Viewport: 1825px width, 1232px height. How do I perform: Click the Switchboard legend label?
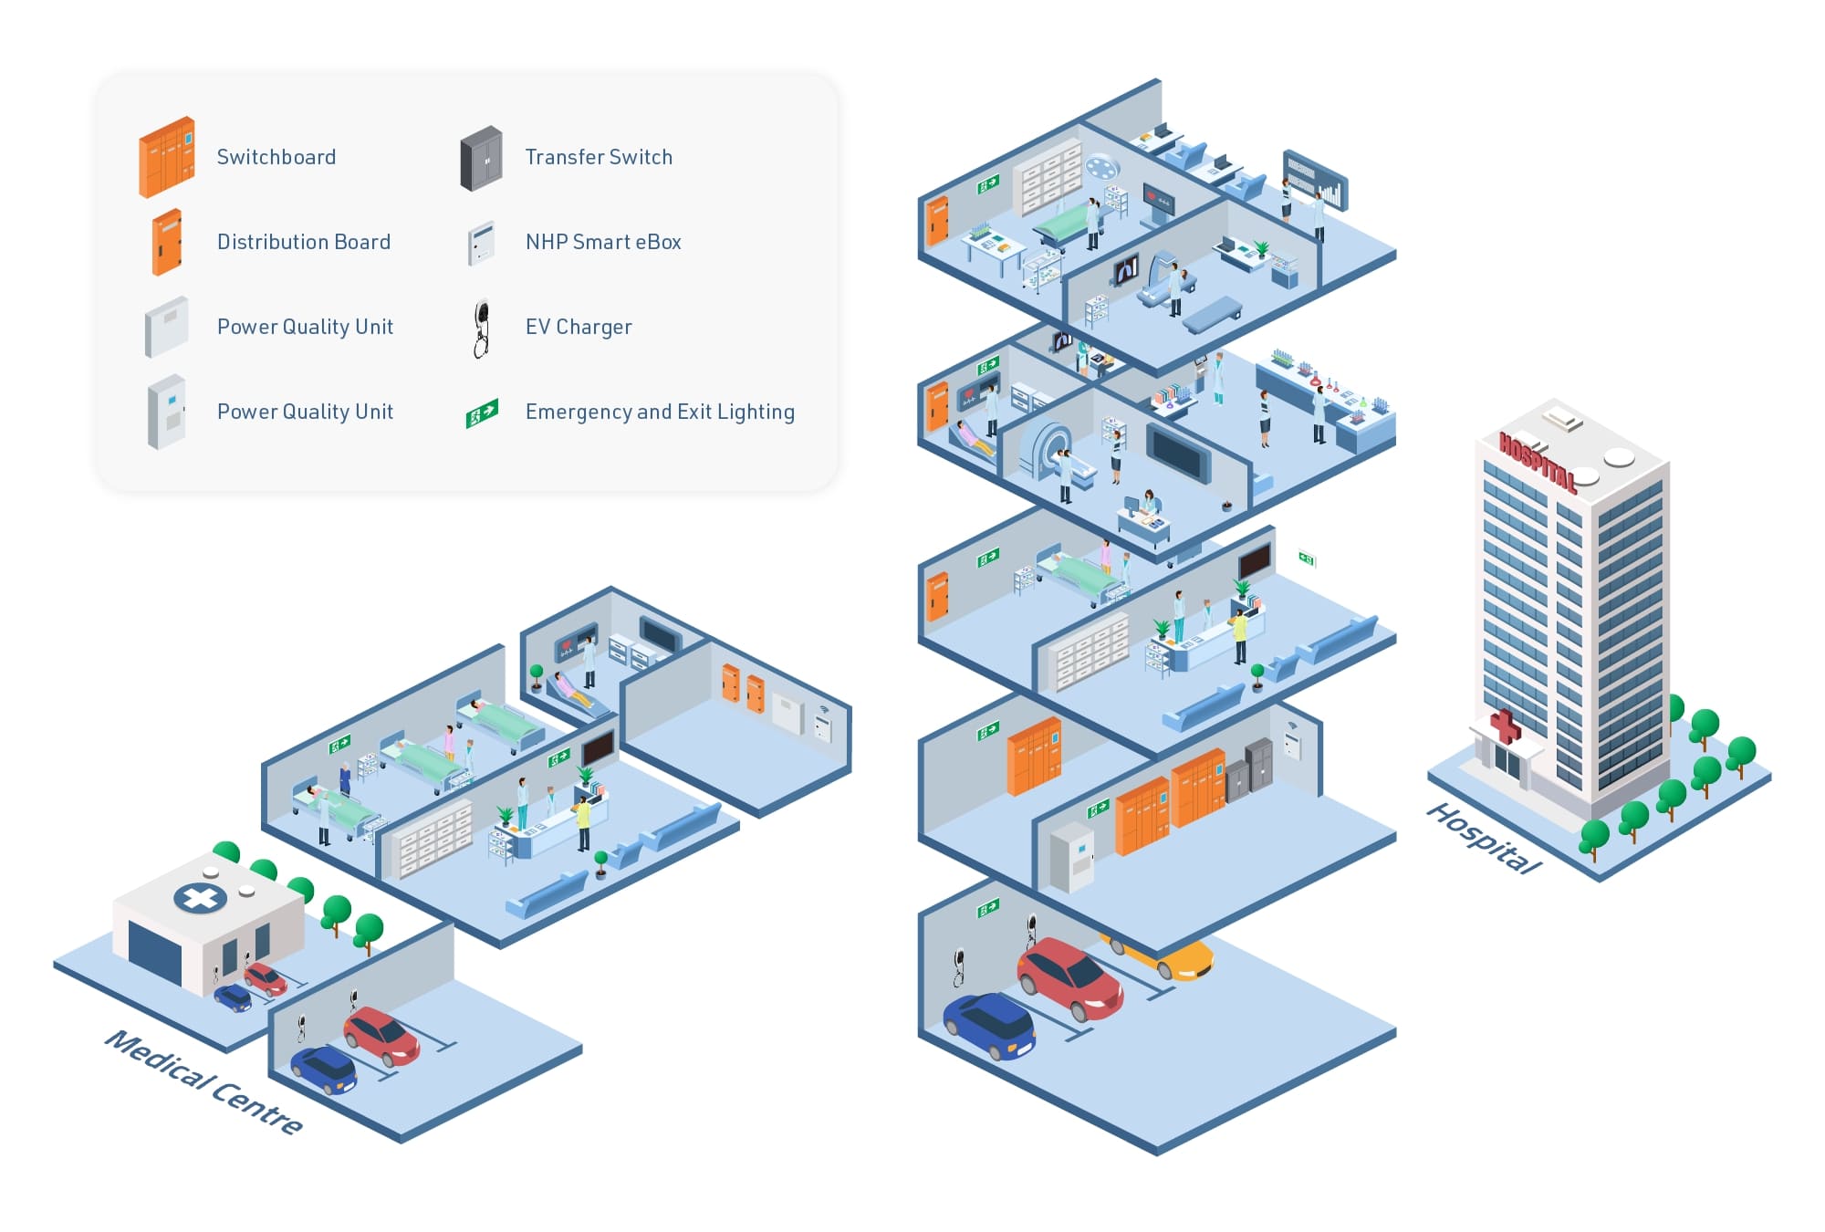(x=276, y=157)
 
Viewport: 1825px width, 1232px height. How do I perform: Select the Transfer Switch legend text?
(x=599, y=157)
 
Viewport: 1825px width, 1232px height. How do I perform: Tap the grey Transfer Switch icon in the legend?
(x=481, y=158)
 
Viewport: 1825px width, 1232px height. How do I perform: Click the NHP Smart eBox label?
(x=603, y=242)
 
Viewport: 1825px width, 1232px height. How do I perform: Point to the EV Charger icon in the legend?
(x=482, y=328)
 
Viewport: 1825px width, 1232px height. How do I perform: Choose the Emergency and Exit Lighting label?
(x=660, y=412)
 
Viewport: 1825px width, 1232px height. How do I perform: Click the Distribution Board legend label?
(x=304, y=242)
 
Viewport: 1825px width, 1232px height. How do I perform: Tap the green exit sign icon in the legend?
(x=482, y=412)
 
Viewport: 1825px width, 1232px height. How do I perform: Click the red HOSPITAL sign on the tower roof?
(x=1537, y=462)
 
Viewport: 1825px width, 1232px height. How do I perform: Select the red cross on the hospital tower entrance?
(x=1505, y=726)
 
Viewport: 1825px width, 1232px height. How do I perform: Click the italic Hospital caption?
(x=1484, y=838)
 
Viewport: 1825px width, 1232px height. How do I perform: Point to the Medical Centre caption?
(x=203, y=1081)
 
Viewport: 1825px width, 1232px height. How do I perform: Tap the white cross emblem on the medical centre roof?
(x=201, y=898)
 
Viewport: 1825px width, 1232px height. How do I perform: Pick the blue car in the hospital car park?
(x=990, y=1024)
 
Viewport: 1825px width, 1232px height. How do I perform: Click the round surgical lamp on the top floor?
(x=1102, y=167)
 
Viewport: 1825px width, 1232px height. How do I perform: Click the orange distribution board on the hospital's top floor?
(x=937, y=220)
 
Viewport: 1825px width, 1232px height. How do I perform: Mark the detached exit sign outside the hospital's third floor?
(x=1307, y=559)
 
